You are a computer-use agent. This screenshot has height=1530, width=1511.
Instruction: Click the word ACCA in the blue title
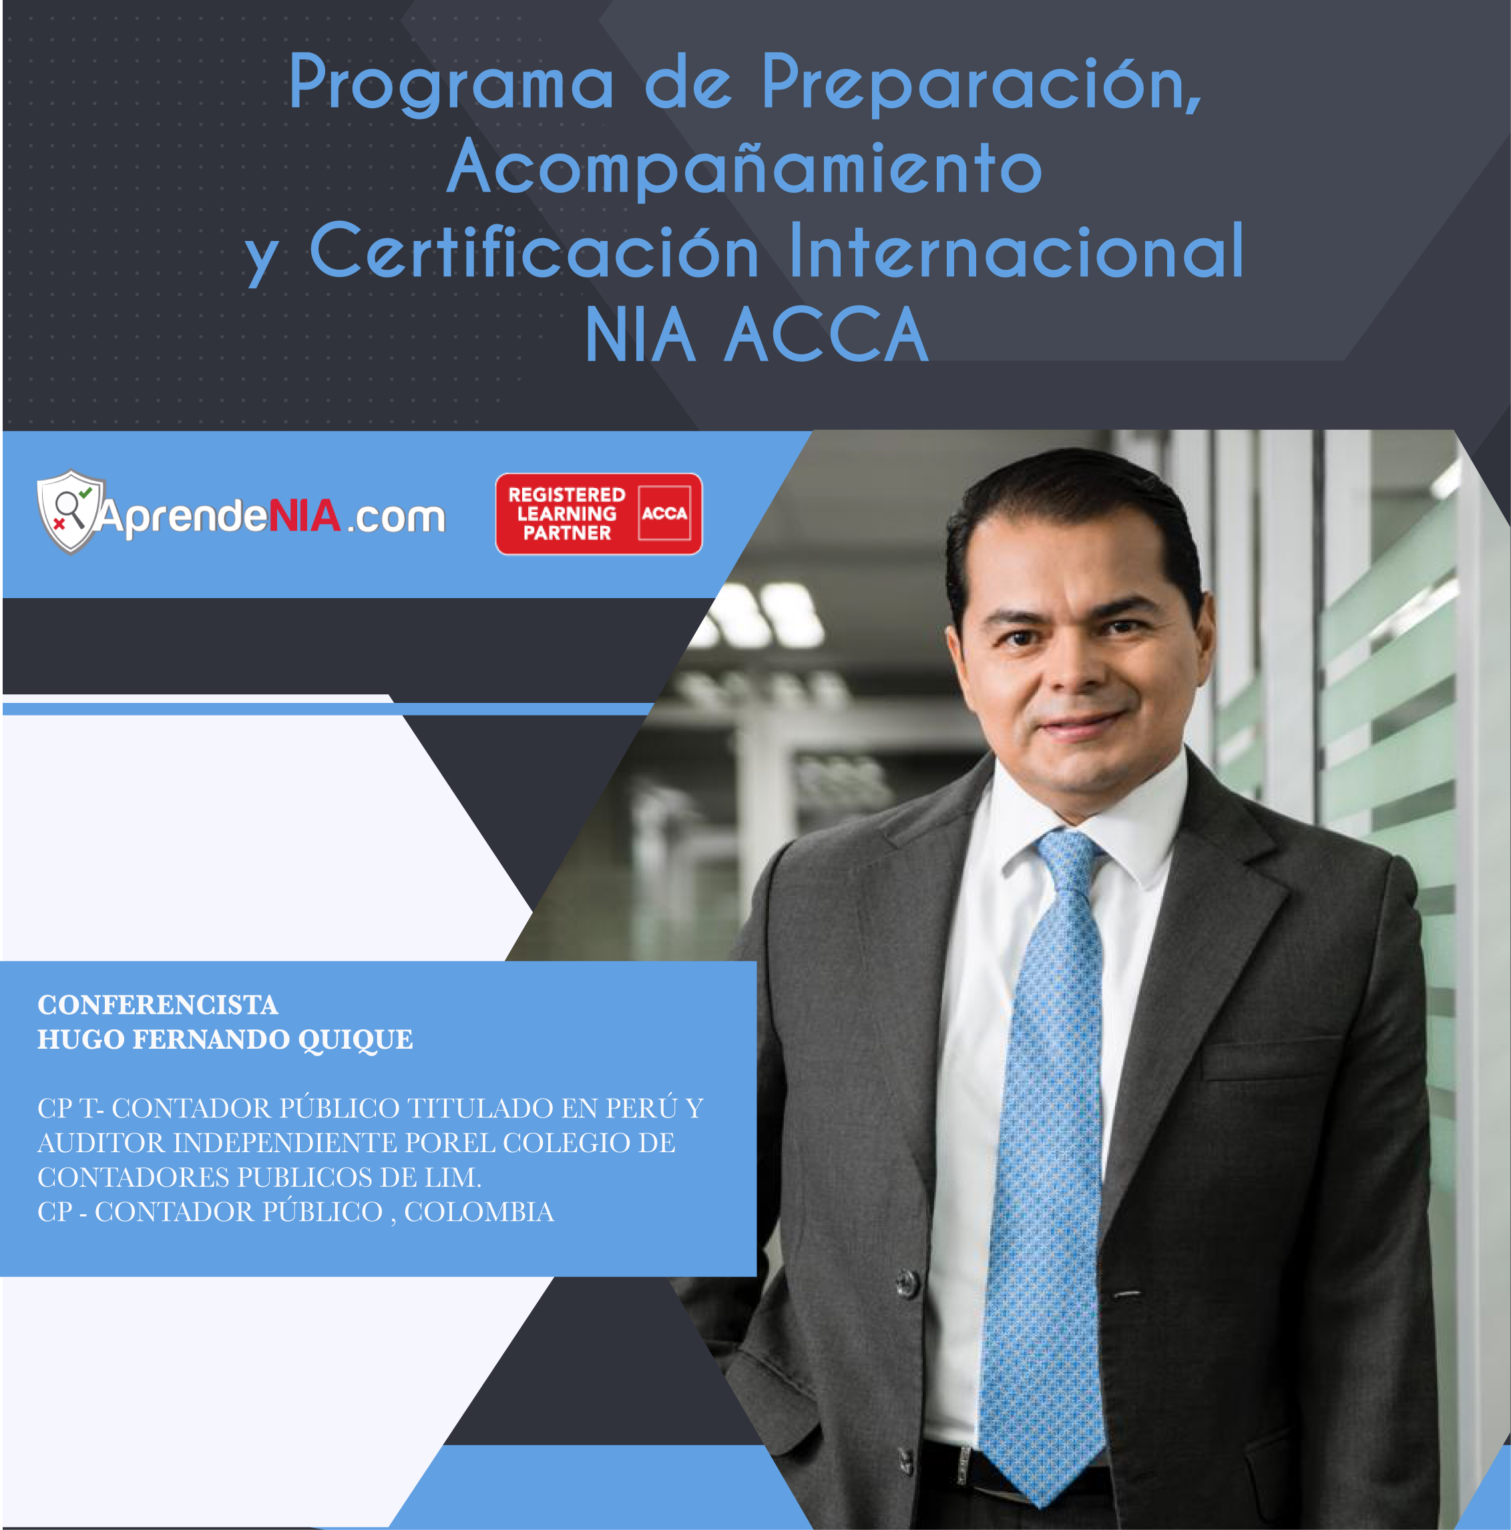point(826,334)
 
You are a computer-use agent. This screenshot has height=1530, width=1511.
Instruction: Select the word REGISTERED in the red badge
point(566,495)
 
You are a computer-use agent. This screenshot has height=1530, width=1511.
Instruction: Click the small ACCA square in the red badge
point(664,513)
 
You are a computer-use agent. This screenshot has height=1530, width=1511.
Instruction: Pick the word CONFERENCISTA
point(158,1005)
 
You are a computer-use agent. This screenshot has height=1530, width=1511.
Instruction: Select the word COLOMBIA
point(479,1212)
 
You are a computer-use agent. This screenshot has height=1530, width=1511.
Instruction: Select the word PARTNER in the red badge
point(567,533)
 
